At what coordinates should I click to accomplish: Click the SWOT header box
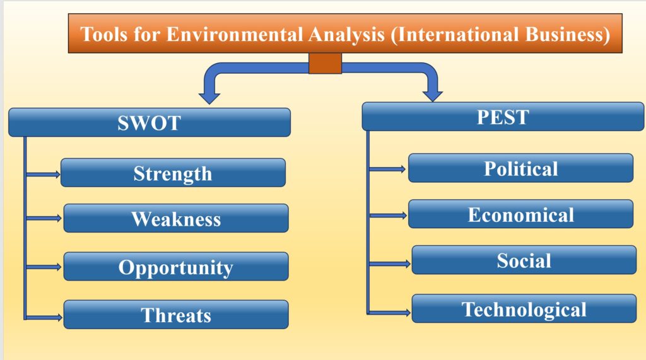pyautogui.click(x=150, y=122)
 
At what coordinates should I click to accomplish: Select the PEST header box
pyautogui.click(x=503, y=117)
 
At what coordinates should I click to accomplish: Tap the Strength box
pyautogui.click(x=173, y=173)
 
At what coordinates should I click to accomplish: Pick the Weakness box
pyautogui.click(x=176, y=218)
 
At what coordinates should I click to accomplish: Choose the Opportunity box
pyautogui.click(x=176, y=267)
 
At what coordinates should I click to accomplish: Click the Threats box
pyautogui.click(x=176, y=314)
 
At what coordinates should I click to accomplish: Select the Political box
pyautogui.click(x=520, y=168)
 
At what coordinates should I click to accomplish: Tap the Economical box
pyautogui.click(x=520, y=214)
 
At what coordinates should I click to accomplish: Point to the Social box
pyautogui.click(x=524, y=260)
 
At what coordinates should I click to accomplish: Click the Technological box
pyautogui.click(x=524, y=308)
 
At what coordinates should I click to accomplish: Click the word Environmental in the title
pyautogui.click(x=235, y=34)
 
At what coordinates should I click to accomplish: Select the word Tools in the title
pyautogui.click(x=104, y=34)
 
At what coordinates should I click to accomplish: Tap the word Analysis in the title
pyautogui.click(x=346, y=34)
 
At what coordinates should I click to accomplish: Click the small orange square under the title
pyautogui.click(x=325, y=63)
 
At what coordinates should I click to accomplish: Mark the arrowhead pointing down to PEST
pyautogui.click(x=433, y=95)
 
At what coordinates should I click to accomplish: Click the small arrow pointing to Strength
pyautogui.click(x=43, y=174)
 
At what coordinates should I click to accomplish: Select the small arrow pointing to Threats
pyautogui.click(x=44, y=317)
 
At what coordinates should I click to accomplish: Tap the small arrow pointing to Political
pyautogui.click(x=387, y=169)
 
